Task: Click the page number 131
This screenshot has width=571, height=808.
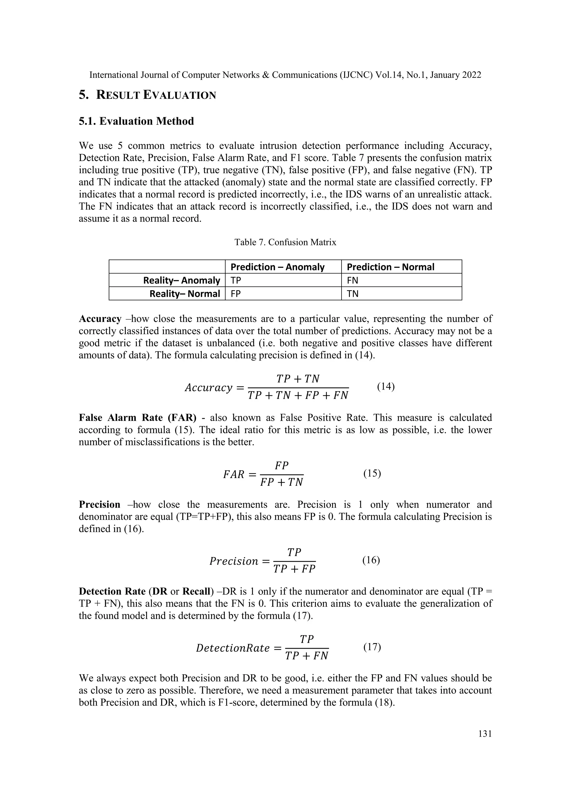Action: tap(485, 734)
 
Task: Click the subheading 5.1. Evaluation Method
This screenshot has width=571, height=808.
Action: tap(136, 121)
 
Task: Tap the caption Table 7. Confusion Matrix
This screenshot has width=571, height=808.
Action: tap(285, 242)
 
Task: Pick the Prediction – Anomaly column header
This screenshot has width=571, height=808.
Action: tap(277, 267)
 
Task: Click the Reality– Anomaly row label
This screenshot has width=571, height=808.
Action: tap(182, 280)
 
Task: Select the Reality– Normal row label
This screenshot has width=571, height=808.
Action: tap(185, 294)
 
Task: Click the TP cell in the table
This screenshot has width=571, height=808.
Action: tap(236, 280)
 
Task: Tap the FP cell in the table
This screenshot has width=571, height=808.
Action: tap(236, 294)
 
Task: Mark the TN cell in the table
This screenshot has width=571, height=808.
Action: tap(353, 294)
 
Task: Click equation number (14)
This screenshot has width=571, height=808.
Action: tap(386, 386)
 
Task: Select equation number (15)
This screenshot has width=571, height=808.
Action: tap(372, 473)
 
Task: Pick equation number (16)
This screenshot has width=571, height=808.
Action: tap(371, 560)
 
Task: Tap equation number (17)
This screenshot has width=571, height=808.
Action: tap(372, 646)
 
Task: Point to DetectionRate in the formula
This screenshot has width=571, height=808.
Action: tap(233, 648)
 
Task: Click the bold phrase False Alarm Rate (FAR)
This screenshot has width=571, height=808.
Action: tap(137, 418)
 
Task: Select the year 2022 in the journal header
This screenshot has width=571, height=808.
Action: tap(470, 75)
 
